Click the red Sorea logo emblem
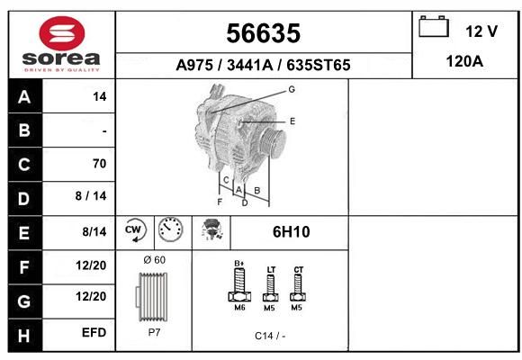coord(62,33)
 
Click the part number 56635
coord(264,33)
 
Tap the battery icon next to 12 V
coord(434,27)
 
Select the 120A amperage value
coord(464,61)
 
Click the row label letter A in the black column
coord(24,97)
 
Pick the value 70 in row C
coord(100,164)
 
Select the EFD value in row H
coord(94,332)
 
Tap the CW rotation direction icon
coord(134,230)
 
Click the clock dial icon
coord(171,229)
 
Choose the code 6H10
coord(292,232)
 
